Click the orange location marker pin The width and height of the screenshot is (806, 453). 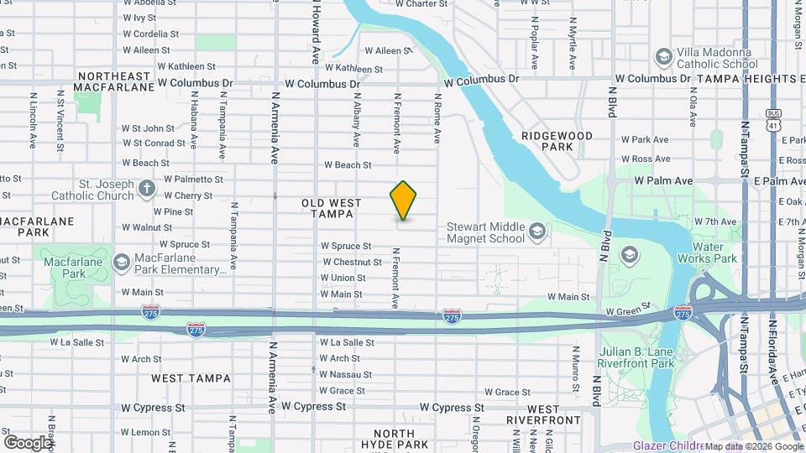pyautogui.click(x=403, y=200)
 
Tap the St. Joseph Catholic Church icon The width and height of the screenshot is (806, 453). pyautogui.click(x=147, y=187)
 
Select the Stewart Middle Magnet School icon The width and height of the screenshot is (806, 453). pyautogui.click(x=538, y=229)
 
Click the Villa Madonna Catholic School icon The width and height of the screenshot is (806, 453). pyautogui.click(x=663, y=55)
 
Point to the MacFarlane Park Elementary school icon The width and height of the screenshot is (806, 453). pyautogui.click(x=121, y=263)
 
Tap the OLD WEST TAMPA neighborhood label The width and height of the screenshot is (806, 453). pyautogui.click(x=331, y=208)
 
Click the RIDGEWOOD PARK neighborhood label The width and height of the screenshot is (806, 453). pyautogui.click(x=557, y=141)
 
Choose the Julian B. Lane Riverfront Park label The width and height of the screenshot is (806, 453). pyautogui.click(x=636, y=357)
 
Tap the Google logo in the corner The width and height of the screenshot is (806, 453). pyautogui.click(x=28, y=442)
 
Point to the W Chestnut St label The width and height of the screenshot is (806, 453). pyautogui.click(x=352, y=262)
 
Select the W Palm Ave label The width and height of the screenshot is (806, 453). pyautogui.click(x=663, y=180)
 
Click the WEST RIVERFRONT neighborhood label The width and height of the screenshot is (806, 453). pyautogui.click(x=543, y=419)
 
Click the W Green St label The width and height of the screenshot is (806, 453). pyautogui.click(x=628, y=310)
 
